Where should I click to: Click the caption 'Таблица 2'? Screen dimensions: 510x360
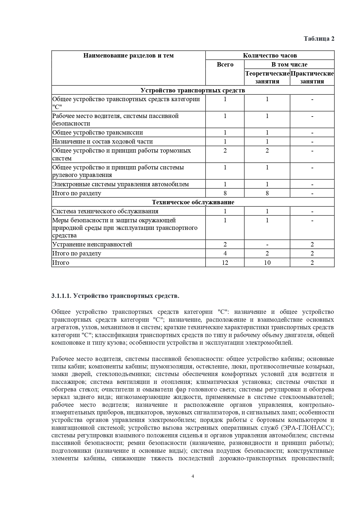point(319,39)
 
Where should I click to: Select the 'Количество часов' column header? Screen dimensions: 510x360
point(270,56)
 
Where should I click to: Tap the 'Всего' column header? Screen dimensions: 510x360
point(225,65)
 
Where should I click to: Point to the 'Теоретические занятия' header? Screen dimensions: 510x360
point(267,77)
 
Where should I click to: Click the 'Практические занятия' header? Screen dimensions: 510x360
point(312,77)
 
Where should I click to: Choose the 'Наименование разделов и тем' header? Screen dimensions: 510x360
point(128,56)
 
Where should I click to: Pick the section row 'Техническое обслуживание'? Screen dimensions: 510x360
point(193,202)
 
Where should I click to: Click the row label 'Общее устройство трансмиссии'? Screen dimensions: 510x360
point(98,133)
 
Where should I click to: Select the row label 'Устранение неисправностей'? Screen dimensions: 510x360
point(92,244)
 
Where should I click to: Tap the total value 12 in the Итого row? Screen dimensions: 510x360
point(225,263)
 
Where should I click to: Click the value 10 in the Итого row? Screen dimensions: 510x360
point(267,263)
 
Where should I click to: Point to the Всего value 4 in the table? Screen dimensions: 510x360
point(225,253)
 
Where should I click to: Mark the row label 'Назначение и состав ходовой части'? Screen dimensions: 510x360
point(102,142)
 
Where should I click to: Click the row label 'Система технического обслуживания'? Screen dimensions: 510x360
point(105,211)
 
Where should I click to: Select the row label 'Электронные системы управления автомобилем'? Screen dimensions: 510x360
point(120,184)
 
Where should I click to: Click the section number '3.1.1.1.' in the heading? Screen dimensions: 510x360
point(61,296)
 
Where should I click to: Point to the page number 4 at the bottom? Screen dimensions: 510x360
point(193,476)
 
